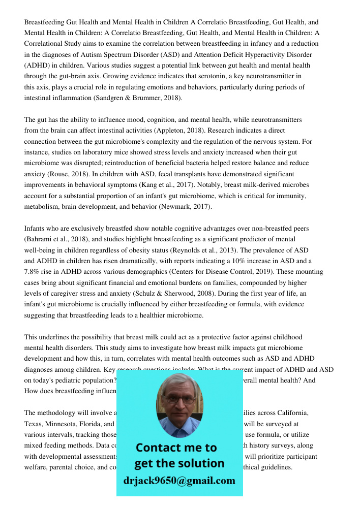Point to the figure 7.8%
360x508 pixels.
pos(34,272)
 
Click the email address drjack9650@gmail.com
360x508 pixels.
pos(179,481)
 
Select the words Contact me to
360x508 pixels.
pos(176,448)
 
